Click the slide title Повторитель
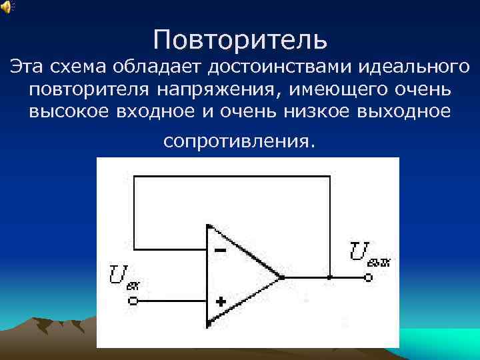240,39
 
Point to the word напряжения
209,89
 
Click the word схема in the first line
87,67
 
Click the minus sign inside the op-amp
221,251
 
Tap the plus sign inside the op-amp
221,301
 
